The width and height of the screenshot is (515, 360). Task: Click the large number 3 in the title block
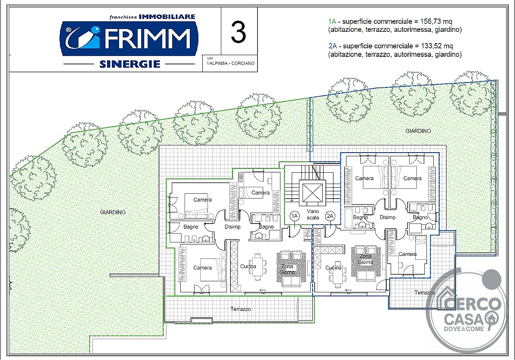point(239,32)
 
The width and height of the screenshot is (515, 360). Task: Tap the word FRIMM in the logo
point(148,39)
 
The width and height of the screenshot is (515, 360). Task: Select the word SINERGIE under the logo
point(130,64)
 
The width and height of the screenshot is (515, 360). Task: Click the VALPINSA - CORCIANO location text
point(231,63)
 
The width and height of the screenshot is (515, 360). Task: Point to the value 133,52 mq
point(437,46)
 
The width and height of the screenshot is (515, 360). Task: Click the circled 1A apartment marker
point(295,216)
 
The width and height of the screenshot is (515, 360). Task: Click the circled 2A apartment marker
point(330,216)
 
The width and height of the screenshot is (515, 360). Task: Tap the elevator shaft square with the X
point(313,192)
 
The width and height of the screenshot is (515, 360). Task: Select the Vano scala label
point(313,214)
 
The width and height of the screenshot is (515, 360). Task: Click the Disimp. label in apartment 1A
point(233,227)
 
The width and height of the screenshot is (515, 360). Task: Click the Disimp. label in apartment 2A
point(388,217)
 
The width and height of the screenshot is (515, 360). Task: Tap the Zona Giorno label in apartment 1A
point(287,269)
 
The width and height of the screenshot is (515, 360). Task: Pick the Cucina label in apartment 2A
point(334,268)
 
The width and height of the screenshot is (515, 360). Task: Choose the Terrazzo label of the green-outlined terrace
point(241,309)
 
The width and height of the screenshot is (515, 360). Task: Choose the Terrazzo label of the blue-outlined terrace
point(424,293)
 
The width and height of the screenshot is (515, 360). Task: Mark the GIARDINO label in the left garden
point(113,212)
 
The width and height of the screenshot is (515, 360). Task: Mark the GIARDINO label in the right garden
point(418,131)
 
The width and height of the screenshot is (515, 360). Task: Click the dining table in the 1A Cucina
point(257,267)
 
